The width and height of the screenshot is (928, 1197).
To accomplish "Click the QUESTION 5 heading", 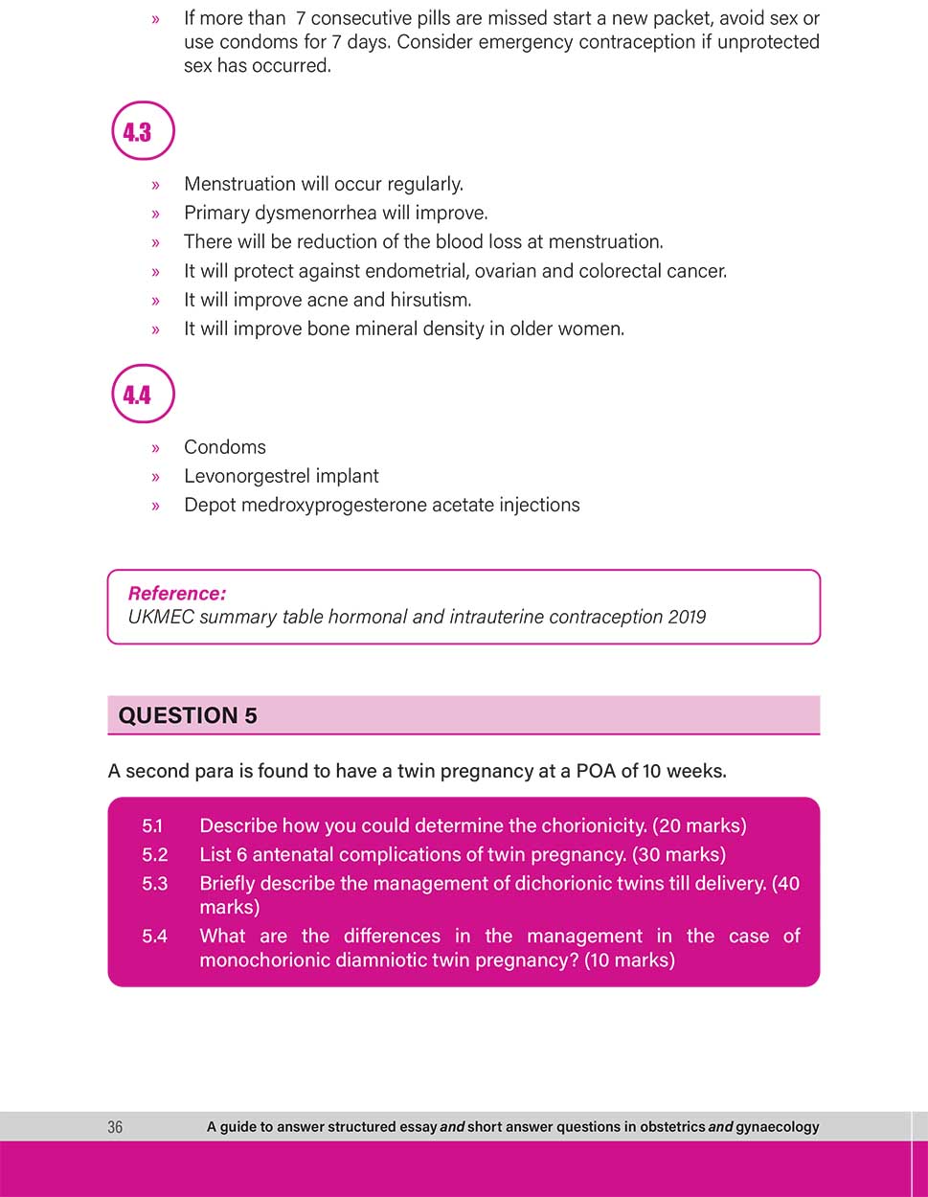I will coord(188,715).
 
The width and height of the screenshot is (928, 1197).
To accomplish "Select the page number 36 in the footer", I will coord(115,1127).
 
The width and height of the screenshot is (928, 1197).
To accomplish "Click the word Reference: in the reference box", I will coord(177,594).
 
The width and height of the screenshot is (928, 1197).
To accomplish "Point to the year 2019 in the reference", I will coord(687,617).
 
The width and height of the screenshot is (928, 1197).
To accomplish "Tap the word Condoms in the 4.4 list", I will coord(225,447).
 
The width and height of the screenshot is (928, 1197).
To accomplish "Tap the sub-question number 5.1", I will coord(153,825).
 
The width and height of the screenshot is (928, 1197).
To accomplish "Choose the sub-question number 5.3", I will coord(154,883).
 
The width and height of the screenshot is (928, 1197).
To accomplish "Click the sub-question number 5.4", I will coord(154,936).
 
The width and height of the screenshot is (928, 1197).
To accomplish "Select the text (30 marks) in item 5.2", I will coord(679,854).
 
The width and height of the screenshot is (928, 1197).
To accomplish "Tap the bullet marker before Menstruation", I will coord(156,185).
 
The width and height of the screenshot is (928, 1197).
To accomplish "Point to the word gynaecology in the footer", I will coord(772,1127).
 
